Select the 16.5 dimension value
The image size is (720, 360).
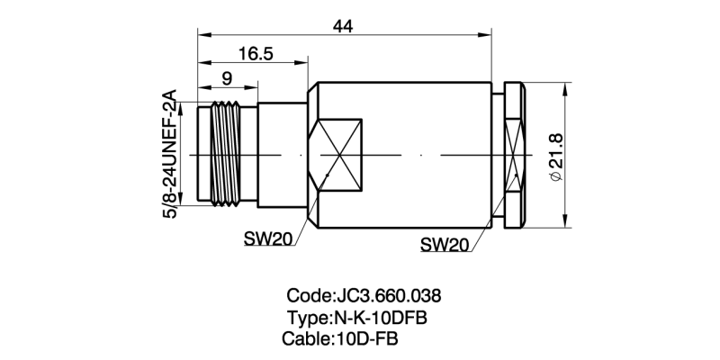coord(256,55)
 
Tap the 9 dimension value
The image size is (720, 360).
coord(226,78)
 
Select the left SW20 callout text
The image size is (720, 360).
coord(268,238)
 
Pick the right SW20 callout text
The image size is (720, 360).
coord(445,244)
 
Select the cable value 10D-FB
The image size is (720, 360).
coord(366,339)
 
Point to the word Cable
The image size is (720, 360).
coord(307,339)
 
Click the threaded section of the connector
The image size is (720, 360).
coord(227,155)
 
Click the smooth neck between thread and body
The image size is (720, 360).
coord(282,155)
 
